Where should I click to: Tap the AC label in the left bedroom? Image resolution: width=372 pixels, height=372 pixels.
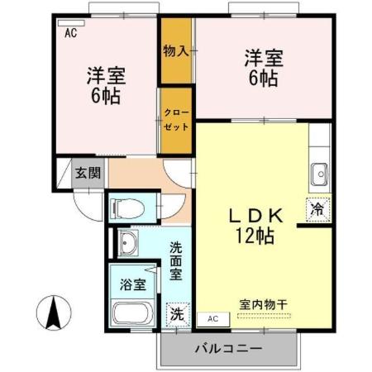point(70,32)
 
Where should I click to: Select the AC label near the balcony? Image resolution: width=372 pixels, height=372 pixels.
point(212,318)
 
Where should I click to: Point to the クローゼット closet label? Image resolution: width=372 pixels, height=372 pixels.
point(176,121)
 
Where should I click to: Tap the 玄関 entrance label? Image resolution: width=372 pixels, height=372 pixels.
point(88,173)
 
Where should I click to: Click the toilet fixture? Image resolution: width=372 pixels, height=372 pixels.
point(126,206)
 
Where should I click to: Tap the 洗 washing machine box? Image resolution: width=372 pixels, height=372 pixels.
point(178,314)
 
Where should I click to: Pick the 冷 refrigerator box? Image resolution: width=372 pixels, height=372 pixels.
point(318,209)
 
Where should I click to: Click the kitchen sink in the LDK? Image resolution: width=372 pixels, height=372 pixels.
point(319,174)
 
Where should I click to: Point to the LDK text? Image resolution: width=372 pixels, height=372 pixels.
point(257,216)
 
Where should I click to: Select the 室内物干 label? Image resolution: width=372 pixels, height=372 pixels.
point(264,305)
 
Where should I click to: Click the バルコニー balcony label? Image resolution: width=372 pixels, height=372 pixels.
point(228,348)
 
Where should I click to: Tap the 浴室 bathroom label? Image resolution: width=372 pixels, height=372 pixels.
point(132,284)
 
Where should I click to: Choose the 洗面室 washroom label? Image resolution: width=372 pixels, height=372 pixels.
point(177,260)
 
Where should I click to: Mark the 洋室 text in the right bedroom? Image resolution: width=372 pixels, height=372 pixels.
point(264,60)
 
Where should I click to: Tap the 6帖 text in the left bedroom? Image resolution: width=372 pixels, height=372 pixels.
point(105,94)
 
